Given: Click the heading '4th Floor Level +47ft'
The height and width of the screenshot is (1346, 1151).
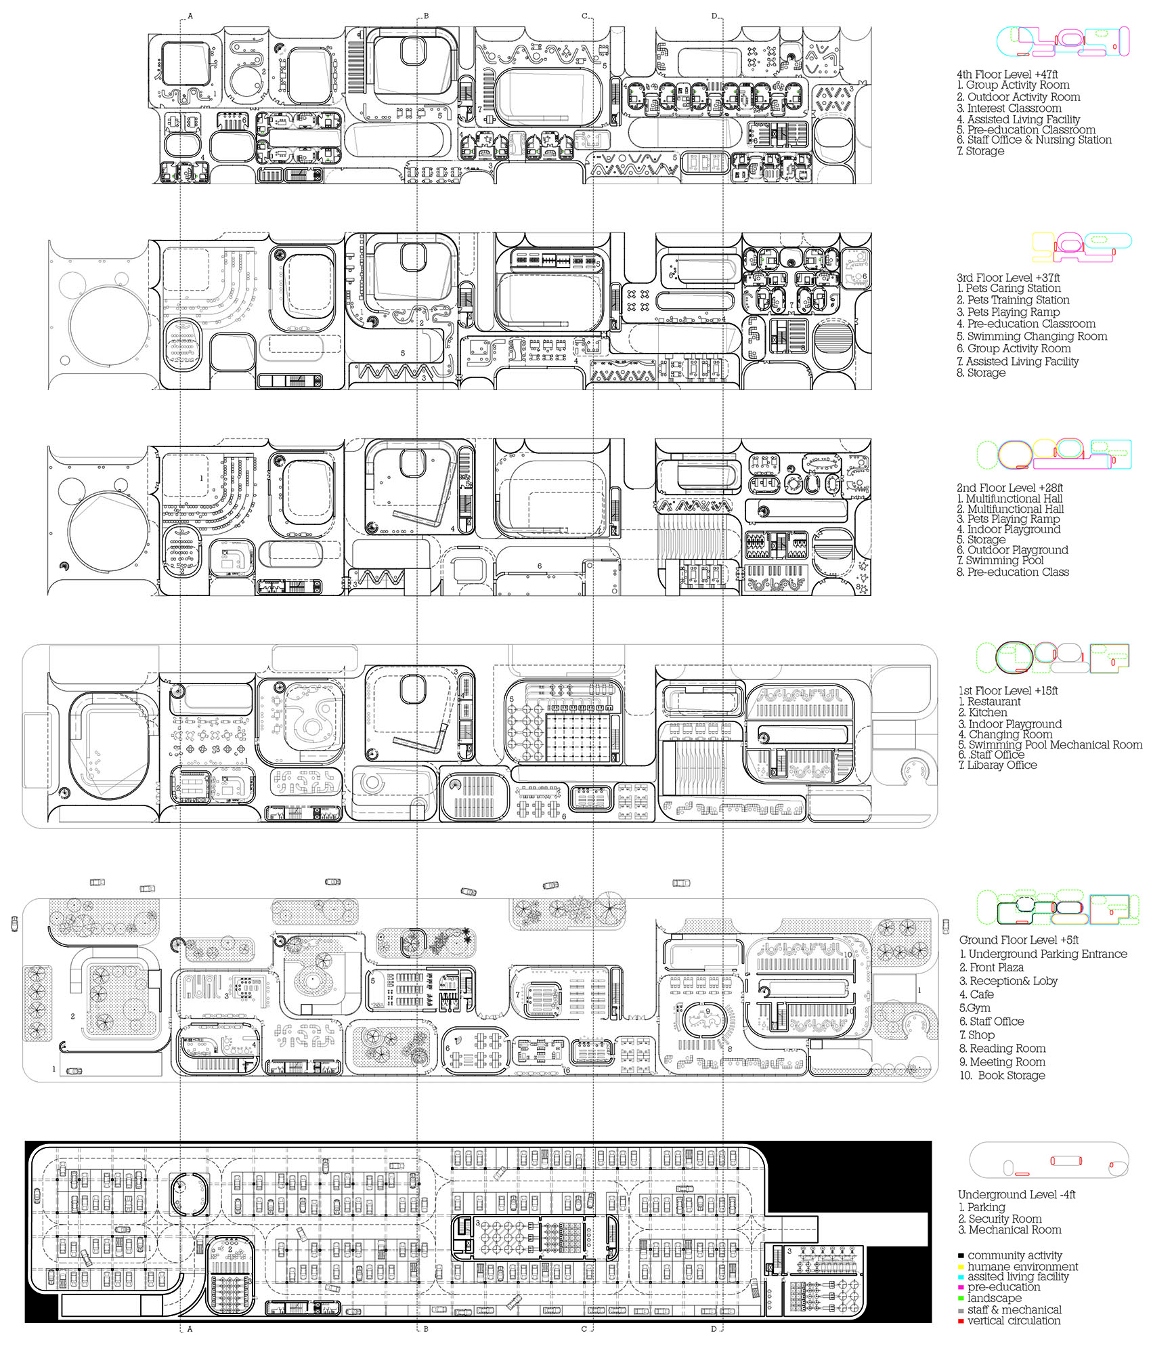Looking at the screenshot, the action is click(1007, 74).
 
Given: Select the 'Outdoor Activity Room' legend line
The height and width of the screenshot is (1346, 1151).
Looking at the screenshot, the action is click(1018, 97).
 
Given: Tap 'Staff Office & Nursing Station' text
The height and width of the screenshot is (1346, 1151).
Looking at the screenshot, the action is click(1034, 140).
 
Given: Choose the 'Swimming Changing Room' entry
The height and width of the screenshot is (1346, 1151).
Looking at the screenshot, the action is click(1032, 336).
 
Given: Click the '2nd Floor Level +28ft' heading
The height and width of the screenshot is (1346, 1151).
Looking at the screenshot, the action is click(1009, 488).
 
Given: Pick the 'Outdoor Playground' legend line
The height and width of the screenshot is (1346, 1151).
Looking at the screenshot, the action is click(1012, 550).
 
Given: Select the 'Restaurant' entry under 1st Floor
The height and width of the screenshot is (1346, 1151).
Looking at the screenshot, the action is click(989, 702).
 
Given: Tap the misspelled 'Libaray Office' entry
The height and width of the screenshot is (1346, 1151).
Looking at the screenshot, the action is click(997, 765).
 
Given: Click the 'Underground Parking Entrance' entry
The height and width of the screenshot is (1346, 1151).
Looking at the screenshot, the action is click(1043, 954).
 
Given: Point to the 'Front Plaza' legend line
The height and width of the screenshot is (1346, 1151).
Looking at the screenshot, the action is click(991, 967).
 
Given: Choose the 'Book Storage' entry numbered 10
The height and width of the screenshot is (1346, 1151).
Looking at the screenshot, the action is click(1002, 1075).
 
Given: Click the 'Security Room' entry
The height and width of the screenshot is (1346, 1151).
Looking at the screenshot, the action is click(999, 1219).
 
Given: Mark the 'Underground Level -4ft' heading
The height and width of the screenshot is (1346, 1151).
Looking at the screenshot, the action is click(1016, 1194).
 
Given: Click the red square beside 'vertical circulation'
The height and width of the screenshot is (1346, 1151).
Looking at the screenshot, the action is click(961, 1322).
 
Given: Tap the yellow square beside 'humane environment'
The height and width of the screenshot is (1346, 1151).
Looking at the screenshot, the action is click(961, 1267).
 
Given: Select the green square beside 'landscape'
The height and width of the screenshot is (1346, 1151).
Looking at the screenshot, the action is click(961, 1299).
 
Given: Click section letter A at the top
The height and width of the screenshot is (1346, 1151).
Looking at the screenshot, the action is click(190, 16).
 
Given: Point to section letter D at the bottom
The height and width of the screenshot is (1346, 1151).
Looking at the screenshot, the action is click(714, 1329).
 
